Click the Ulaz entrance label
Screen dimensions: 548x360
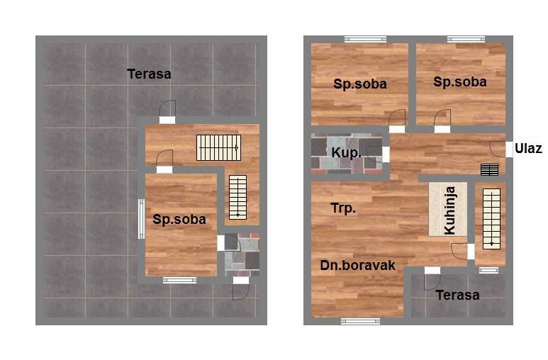click(528, 149)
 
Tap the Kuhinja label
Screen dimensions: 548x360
click(449, 210)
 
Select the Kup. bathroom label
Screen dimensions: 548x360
click(347, 153)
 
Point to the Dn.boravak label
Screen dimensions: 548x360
click(357, 265)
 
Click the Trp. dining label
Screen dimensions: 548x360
click(343, 208)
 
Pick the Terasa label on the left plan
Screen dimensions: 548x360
click(150, 74)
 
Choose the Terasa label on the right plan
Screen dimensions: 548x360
click(457, 296)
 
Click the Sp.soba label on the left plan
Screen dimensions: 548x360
click(179, 220)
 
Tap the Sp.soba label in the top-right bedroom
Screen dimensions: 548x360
click(460, 81)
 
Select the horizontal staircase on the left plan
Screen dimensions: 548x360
click(219, 148)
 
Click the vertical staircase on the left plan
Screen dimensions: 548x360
click(237, 197)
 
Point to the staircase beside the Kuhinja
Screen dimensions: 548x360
click(491, 219)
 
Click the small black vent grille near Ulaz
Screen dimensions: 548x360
click(489, 169)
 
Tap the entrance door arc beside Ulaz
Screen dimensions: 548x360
click(498, 150)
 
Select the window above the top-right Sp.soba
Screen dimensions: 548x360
click(466, 39)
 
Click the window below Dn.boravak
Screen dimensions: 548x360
click(360, 321)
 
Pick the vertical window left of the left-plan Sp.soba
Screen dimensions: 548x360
click(141, 219)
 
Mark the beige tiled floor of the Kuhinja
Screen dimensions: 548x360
click(448, 209)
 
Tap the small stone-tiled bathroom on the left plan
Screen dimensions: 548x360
click(242, 255)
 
